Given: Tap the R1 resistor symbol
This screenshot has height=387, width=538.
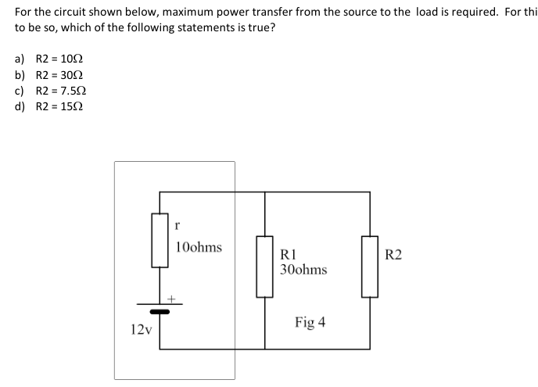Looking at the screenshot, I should click(265, 266).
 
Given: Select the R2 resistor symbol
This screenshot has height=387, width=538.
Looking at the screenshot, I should click(369, 266).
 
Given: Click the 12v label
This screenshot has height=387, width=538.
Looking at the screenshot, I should click(141, 330).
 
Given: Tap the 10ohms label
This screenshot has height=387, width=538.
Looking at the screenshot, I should click(199, 248).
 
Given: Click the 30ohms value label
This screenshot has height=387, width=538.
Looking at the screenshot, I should click(303, 270).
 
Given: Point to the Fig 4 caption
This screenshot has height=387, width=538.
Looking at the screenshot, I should click(310, 322).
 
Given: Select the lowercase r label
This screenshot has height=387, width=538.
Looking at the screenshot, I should click(179, 226).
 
